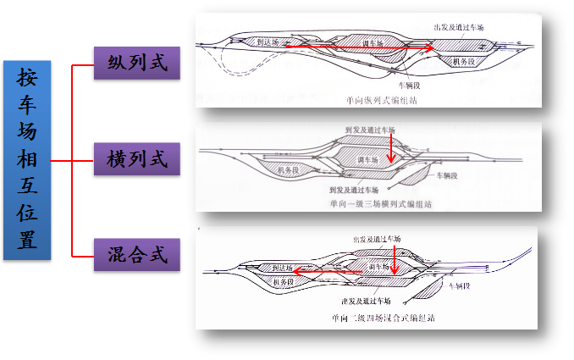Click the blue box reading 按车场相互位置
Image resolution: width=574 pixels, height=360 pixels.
28,159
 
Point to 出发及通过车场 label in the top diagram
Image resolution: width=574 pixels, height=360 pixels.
458,27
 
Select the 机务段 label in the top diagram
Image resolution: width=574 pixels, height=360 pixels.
463,62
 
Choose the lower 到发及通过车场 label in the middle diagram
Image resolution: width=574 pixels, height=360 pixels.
356,190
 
